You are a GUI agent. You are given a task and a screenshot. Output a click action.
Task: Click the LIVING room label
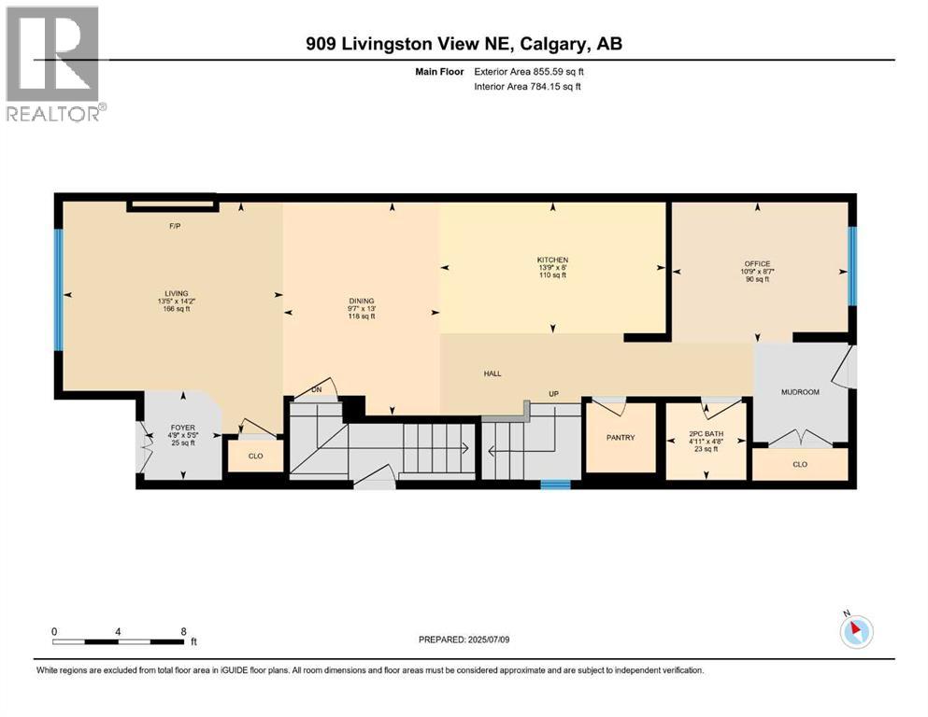coord(177,293)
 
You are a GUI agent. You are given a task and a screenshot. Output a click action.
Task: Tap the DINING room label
coord(362,301)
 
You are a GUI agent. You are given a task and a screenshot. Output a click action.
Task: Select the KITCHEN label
coord(552,260)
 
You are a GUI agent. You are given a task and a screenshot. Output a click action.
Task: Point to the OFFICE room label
coord(758,263)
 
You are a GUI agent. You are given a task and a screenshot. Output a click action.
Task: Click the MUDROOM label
coord(800,392)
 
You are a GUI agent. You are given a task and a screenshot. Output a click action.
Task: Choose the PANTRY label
coord(621,438)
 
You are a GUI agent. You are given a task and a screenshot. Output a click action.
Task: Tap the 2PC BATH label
coord(707,434)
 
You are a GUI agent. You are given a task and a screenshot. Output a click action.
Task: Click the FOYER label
coord(183,428)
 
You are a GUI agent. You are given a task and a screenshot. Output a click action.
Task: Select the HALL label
coord(493,373)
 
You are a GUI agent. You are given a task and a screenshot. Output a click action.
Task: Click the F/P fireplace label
coord(175,226)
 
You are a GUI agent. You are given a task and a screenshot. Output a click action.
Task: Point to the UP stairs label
coord(554,394)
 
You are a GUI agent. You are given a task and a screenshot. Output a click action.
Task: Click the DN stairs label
coord(317,389)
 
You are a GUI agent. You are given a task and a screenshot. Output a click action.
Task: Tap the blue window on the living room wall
coord(59,289)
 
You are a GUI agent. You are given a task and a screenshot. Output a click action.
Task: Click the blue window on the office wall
coord(852,266)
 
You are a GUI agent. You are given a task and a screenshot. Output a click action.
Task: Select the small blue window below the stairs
coord(556,485)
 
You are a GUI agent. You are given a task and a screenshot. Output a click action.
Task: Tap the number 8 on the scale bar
coord(183,631)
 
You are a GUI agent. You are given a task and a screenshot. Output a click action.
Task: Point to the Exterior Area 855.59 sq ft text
coord(529,72)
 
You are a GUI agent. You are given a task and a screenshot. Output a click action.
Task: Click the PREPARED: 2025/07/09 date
coord(464,640)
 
